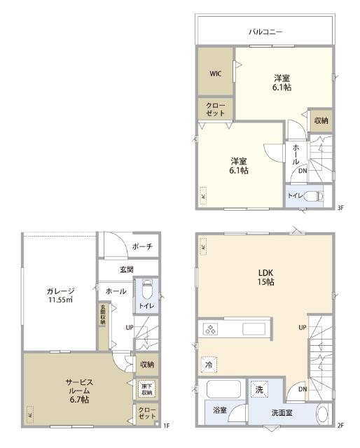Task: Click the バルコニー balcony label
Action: tap(265, 32)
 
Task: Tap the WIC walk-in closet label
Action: tap(215, 72)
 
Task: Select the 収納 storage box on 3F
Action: tap(321, 120)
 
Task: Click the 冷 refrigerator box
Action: tap(209, 365)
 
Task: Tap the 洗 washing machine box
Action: tap(259, 389)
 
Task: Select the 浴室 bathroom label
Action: tap(219, 410)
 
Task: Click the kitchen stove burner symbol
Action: tap(212, 329)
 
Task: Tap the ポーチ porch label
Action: tap(142, 246)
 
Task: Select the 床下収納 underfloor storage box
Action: tap(146, 388)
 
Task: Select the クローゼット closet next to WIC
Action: tap(215, 109)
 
